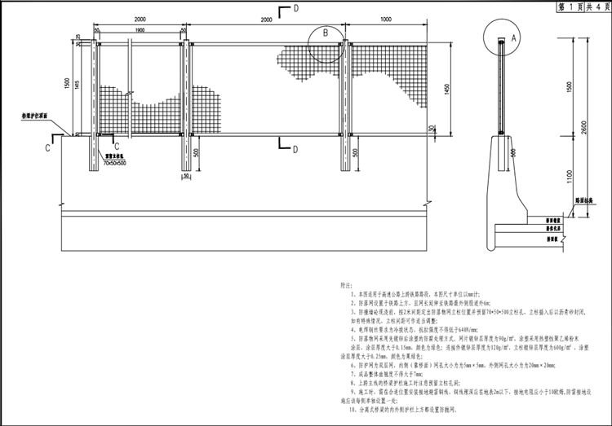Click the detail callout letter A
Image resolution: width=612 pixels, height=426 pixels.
pyautogui.click(x=513, y=37)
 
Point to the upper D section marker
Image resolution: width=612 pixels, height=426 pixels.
pyautogui.click(x=295, y=8)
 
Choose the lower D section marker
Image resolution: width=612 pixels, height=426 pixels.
pyautogui.click(x=295, y=147)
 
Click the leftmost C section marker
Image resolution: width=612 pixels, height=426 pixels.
pyautogui.click(x=48, y=149)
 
